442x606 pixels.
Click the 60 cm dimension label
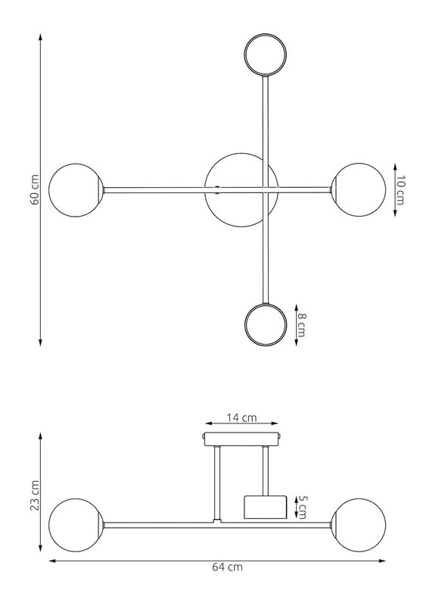(x=35, y=190)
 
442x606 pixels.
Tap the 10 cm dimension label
(x=401, y=190)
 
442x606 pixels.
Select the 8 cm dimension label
(x=302, y=325)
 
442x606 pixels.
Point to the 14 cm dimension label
(x=241, y=417)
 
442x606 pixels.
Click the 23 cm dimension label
(x=35, y=495)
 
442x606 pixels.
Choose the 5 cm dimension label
(x=302, y=507)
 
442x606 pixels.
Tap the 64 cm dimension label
(x=227, y=567)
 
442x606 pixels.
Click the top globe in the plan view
(x=265, y=54)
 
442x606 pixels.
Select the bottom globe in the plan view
(x=266, y=324)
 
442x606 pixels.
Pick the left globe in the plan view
(x=76, y=190)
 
